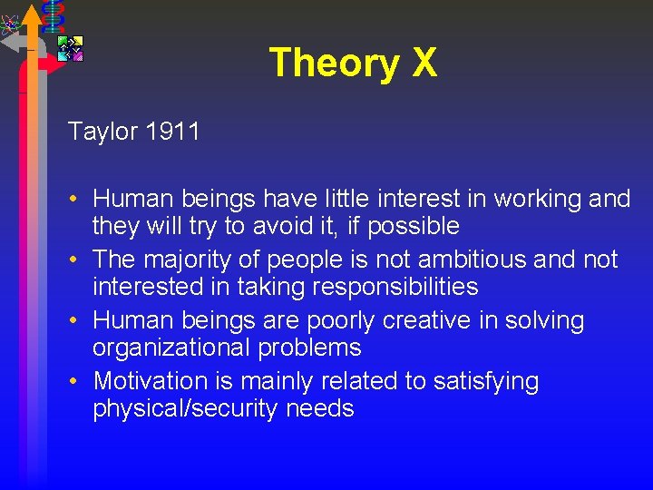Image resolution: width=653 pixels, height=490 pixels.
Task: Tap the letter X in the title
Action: tap(424, 64)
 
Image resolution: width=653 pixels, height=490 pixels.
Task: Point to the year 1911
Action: tap(172, 132)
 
